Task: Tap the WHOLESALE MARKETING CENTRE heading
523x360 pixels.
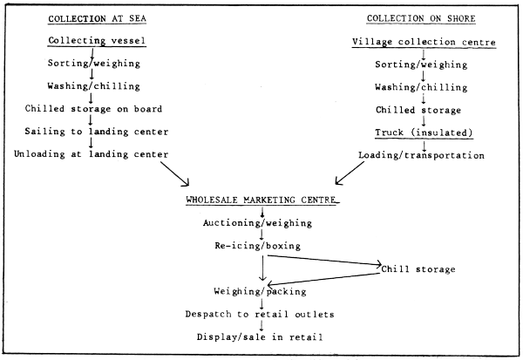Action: coord(261,200)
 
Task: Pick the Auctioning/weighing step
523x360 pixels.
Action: coord(261,223)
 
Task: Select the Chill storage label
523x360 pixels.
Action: coord(418,269)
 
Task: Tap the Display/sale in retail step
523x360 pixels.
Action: coord(261,336)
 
